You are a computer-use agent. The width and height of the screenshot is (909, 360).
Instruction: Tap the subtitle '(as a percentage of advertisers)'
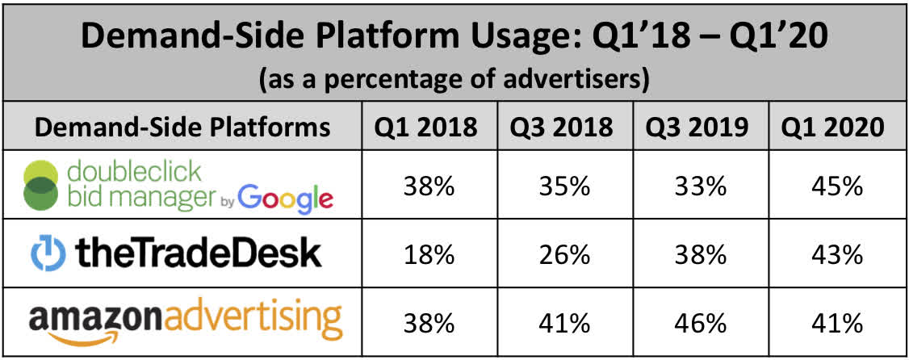[454, 82]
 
